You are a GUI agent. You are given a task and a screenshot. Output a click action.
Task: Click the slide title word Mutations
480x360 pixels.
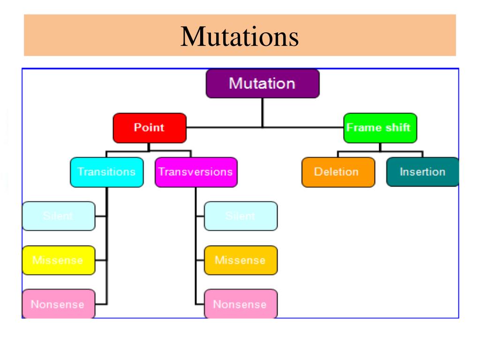[240, 37]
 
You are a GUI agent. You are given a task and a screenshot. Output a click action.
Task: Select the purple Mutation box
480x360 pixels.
[262, 84]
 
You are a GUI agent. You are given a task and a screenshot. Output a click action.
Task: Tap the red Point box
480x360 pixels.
[150, 127]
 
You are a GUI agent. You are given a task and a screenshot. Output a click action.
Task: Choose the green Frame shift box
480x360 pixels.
[380, 127]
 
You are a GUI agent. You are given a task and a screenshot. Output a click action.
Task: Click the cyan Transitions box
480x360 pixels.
[106, 172]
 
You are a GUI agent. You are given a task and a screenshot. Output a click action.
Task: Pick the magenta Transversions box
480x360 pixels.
[195, 172]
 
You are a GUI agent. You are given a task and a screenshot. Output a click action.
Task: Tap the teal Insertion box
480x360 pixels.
[422, 172]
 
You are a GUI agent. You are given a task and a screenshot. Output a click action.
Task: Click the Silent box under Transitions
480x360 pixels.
[58, 216]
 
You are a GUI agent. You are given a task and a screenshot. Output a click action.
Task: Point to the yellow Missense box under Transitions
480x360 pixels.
[58, 260]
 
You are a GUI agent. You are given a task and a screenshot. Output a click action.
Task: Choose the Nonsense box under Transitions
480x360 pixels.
[58, 304]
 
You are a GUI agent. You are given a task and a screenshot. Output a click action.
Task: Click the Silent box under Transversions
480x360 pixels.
[240, 216]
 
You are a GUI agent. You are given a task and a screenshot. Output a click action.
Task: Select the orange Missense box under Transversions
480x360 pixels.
[240, 260]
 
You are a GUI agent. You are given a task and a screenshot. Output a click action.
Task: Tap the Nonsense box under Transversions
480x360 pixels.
[240, 304]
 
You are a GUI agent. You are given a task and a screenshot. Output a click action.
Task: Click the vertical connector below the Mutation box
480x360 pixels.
[262, 112]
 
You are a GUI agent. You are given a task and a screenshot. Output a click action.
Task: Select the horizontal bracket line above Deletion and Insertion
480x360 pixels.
[380, 151]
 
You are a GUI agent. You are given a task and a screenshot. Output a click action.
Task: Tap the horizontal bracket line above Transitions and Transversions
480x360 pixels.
[149, 151]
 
